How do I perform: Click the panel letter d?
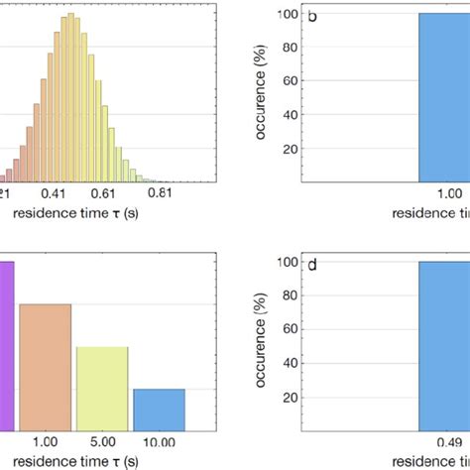pos(313,265)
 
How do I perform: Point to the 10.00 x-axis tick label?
pos(159,442)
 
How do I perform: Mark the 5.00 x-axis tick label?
pos(103,442)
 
